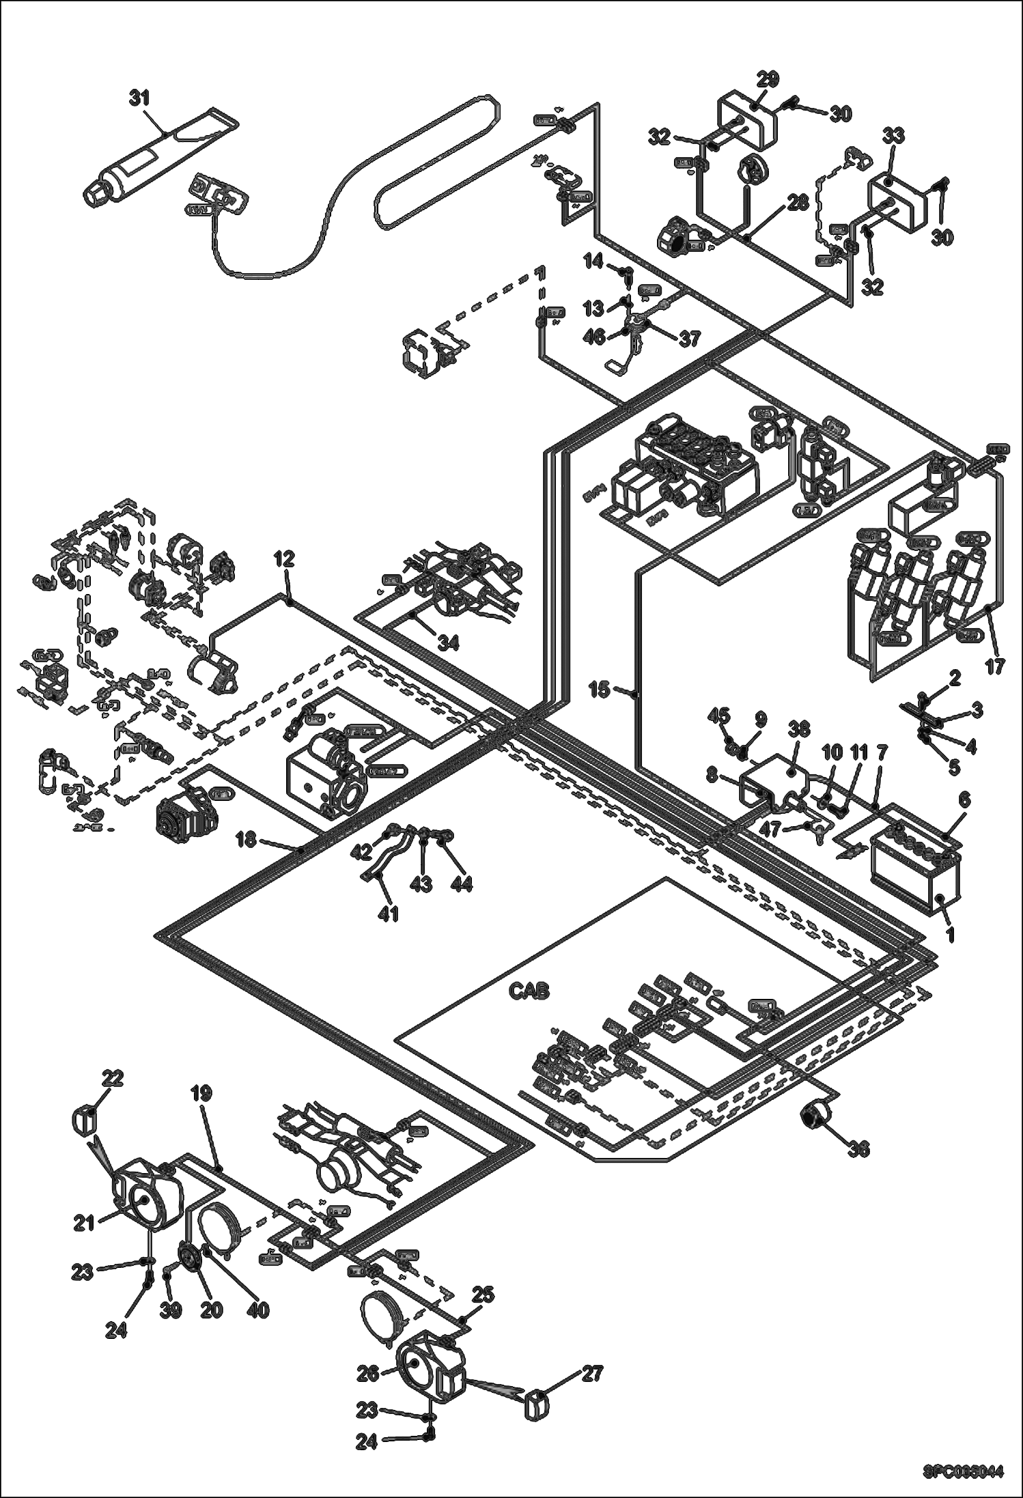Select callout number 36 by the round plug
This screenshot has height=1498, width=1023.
pos(858,1150)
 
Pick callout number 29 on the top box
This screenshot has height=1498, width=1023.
pos(768,79)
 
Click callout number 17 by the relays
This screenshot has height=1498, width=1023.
pos(994,666)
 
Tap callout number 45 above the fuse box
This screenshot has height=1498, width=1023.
pos(718,716)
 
